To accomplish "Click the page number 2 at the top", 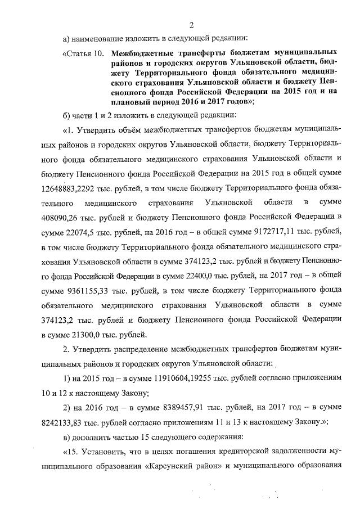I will [x=191, y=24].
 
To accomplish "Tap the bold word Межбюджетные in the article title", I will [x=141, y=54].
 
